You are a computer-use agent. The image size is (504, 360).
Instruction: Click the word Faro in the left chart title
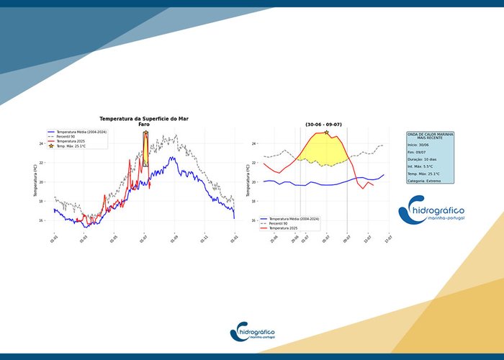click(143, 125)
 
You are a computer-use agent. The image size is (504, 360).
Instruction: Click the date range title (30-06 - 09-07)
click(324, 125)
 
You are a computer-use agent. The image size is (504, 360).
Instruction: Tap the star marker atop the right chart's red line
click(326, 132)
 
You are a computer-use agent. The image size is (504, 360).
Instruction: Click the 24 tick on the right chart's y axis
click(254, 144)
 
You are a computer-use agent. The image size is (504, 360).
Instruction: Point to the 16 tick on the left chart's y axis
click(42, 220)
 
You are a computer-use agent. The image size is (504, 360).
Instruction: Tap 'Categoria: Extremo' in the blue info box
click(426, 181)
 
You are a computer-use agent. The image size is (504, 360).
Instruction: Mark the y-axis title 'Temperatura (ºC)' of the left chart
click(35, 180)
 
